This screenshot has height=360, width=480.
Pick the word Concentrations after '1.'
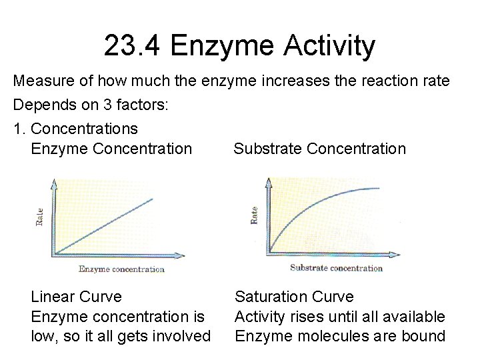tap(85, 128)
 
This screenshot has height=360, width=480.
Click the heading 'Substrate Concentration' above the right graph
tap(319, 149)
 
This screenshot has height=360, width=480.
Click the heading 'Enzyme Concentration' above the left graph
tap(111, 149)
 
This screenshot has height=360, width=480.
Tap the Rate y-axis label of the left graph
tap(39, 217)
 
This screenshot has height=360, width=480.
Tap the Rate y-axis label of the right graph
tap(254, 215)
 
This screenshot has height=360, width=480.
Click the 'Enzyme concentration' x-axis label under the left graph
tap(121, 269)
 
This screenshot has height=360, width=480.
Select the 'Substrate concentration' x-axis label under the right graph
tap(336, 268)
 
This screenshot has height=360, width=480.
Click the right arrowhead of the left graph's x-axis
tap(181, 255)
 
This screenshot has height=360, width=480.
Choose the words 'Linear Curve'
tap(77, 297)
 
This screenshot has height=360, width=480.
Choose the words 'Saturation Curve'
tap(294, 297)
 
